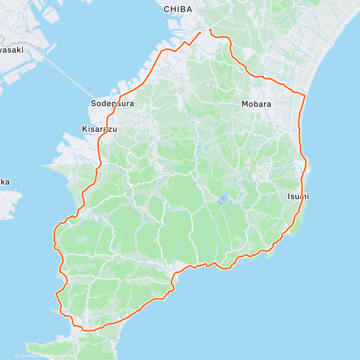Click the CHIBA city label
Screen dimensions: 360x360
(178, 9)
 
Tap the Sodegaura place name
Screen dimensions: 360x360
(112, 104)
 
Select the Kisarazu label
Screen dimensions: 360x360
(99, 129)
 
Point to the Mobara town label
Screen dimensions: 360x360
(256, 104)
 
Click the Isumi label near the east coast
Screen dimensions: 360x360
(298, 196)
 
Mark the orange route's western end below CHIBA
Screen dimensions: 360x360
(200, 32)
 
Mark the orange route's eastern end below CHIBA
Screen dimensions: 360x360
(210, 30)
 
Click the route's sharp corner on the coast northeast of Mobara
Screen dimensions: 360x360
(305, 95)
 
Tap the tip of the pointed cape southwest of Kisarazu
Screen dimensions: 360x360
(40, 165)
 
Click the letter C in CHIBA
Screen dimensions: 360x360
(166, 9)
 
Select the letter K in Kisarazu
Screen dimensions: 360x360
(84, 129)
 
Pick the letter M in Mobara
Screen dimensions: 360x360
(245, 104)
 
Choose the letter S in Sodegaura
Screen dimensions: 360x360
(93, 104)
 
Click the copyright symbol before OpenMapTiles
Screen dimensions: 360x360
(16, 356)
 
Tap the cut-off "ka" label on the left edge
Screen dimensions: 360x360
(4, 182)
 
